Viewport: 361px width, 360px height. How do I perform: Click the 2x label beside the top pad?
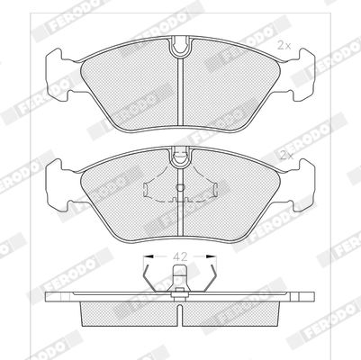pyautogui.click(x=284, y=46)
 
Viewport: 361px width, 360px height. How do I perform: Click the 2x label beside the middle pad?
pyautogui.click(x=286, y=156)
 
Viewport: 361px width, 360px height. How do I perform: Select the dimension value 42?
pyautogui.click(x=180, y=256)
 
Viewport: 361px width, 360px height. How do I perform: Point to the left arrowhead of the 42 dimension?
pyautogui.click(x=149, y=256)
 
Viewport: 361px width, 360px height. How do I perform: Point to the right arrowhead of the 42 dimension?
pyautogui.click(x=212, y=256)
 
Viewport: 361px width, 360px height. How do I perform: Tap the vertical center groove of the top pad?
pyautogui.click(x=180, y=92)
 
